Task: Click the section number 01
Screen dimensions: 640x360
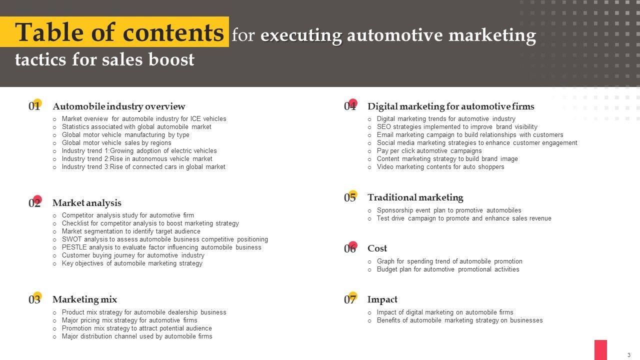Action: click(34, 106)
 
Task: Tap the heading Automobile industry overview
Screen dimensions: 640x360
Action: click(118, 106)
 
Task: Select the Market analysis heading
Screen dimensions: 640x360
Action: click(86, 203)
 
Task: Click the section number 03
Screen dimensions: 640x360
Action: click(34, 299)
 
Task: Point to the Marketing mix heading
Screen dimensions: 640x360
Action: click(84, 299)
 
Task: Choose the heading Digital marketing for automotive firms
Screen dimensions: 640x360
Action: click(450, 106)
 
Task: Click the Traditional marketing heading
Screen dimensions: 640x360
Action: click(415, 197)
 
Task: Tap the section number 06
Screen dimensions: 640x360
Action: click(349, 248)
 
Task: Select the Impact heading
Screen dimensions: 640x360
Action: click(382, 299)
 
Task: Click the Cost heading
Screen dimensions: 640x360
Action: click(377, 248)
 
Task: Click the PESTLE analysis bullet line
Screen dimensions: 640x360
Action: click(161, 247)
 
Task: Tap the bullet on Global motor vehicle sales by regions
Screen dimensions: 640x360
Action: click(116, 143)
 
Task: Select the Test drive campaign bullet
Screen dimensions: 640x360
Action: click(463, 218)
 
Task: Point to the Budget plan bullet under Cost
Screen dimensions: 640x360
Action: click(447, 269)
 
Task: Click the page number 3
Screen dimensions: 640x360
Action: click(628, 355)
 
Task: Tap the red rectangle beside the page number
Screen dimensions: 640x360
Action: click(600, 349)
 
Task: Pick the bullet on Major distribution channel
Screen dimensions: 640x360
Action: click(136, 336)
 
